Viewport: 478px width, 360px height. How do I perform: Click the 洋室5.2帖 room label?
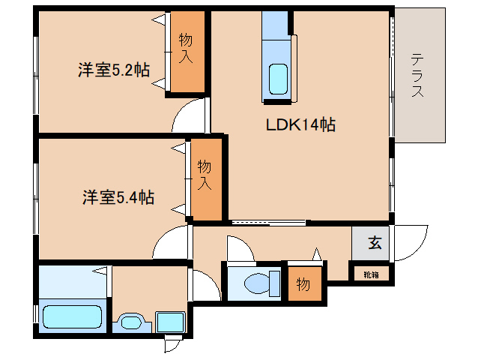click(113, 71)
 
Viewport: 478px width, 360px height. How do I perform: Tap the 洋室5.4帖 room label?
click(118, 198)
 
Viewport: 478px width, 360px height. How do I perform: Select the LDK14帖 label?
click(300, 125)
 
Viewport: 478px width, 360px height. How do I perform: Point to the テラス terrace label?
click(418, 76)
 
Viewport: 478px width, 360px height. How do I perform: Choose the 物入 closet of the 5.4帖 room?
click(205, 178)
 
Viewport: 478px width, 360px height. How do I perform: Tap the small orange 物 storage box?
click(303, 284)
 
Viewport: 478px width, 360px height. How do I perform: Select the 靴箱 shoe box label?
click(372, 274)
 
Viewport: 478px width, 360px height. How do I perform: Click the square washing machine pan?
click(171, 322)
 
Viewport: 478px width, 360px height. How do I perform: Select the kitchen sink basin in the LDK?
click(278, 78)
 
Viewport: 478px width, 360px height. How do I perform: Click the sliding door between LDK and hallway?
click(267, 223)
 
